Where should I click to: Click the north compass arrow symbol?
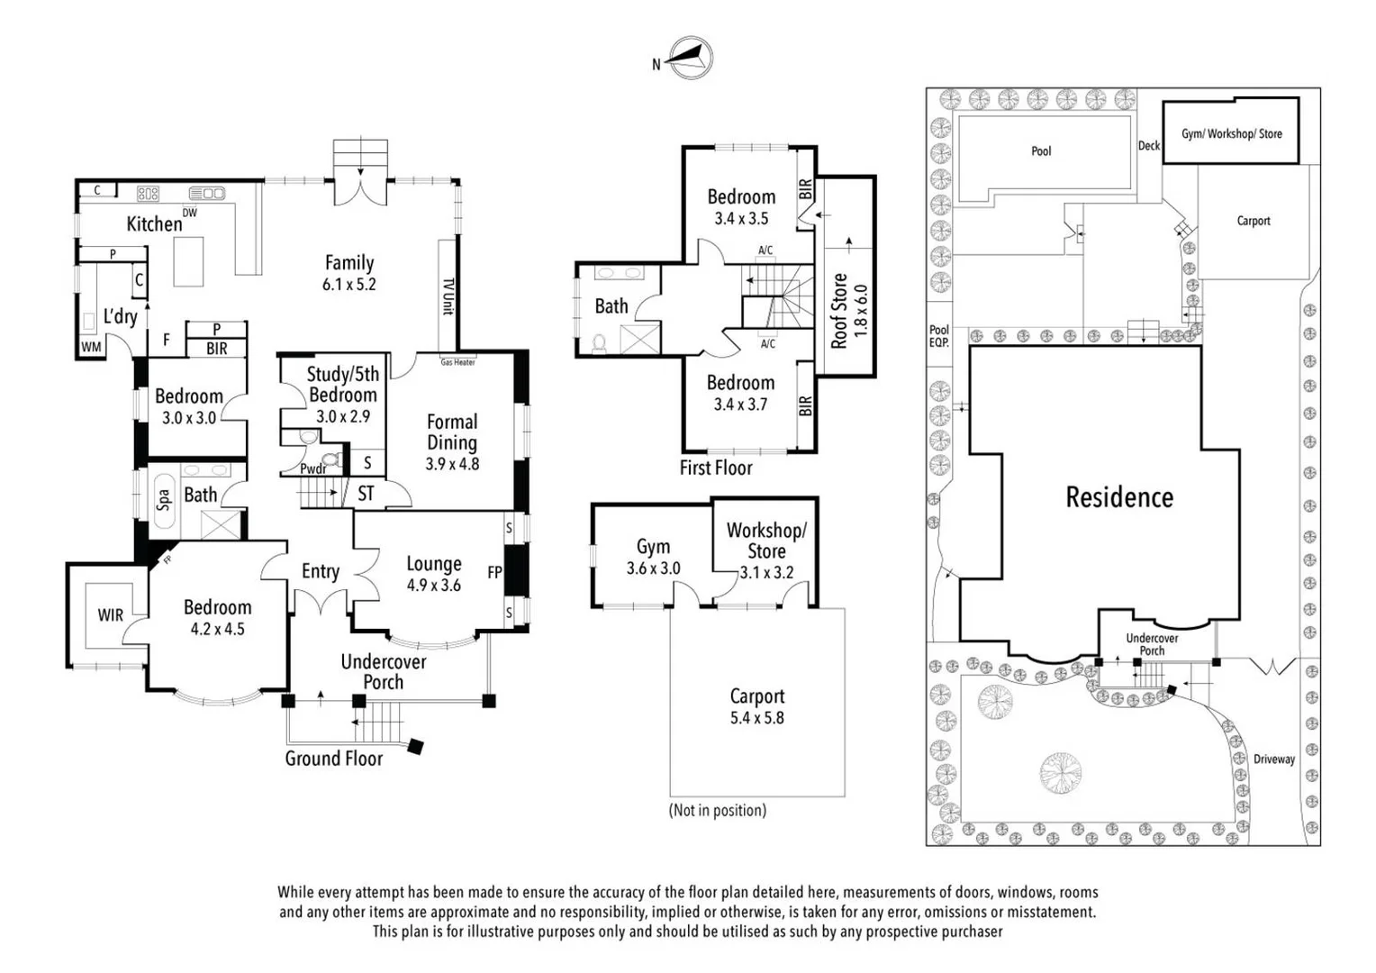click(690, 59)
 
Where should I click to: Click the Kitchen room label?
click(154, 223)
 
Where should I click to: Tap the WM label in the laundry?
click(91, 347)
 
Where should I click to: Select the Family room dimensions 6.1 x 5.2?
click(349, 285)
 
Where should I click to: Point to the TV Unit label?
click(448, 296)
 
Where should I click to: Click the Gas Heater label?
click(457, 362)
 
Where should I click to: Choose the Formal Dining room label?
click(452, 432)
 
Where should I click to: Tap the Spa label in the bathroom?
click(164, 499)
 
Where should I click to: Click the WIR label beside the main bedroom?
click(110, 615)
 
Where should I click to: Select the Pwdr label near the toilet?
click(312, 468)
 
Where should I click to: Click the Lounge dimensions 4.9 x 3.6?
click(433, 586)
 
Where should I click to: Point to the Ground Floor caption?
click(333, 759)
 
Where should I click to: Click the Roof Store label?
click(839, 311)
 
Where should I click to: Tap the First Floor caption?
click(715, 468)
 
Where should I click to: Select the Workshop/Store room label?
click(766, 541)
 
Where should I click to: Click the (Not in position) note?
click(717, 810)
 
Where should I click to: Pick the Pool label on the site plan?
click(1041, 151)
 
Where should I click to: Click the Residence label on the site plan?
click(1119, 497)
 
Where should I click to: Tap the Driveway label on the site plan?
click(1274, 759)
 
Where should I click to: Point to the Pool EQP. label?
click(939, 336)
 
